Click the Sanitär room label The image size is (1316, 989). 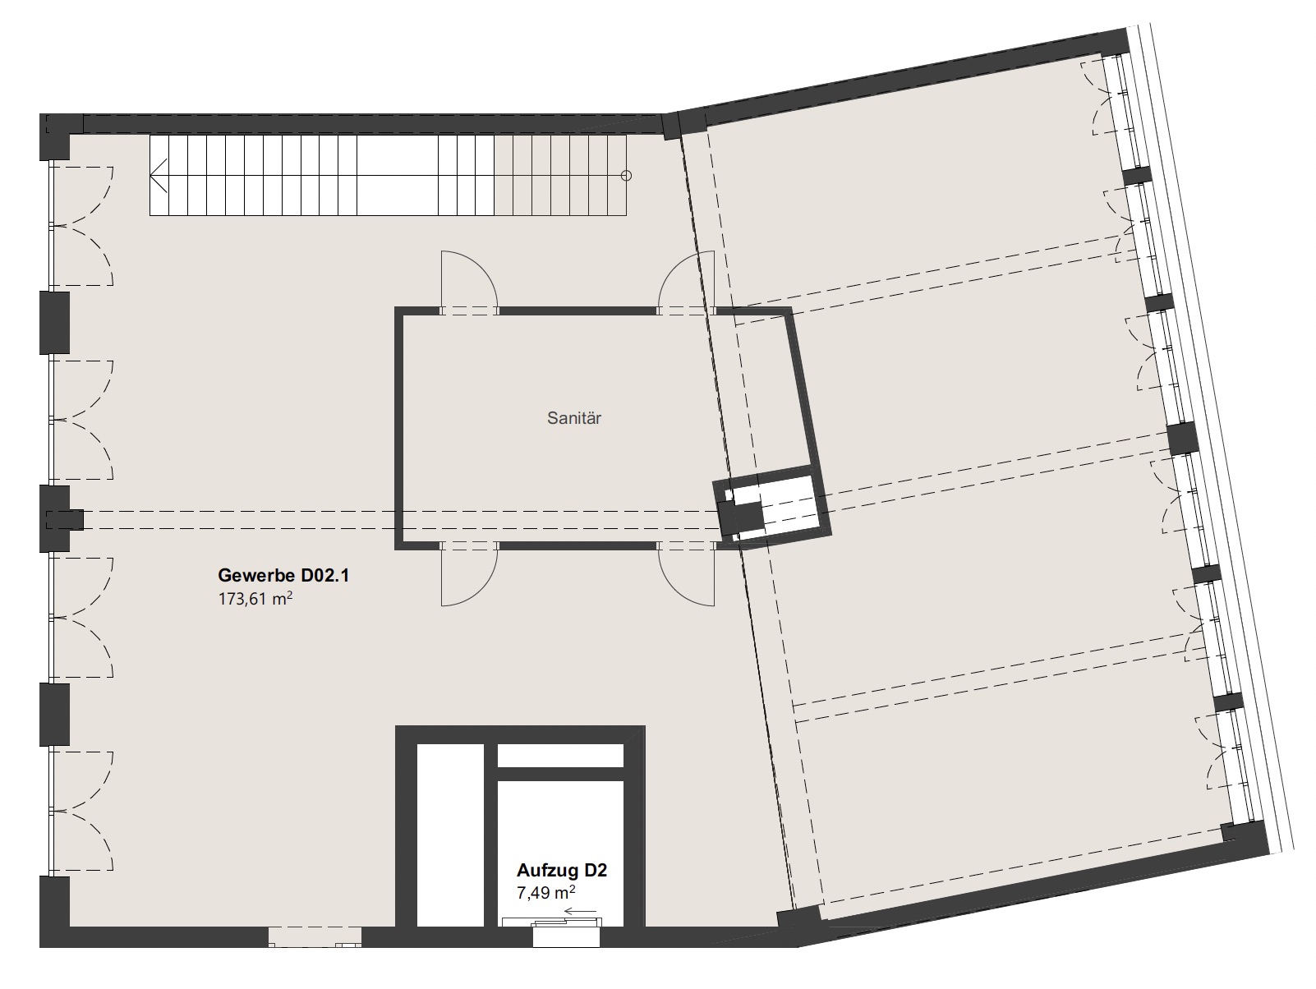click(573, 418)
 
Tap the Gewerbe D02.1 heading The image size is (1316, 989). click(283, 576)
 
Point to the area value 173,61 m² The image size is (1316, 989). click(255, 599)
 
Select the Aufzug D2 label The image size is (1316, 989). click(562, 871)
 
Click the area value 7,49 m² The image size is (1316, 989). click(545, 893)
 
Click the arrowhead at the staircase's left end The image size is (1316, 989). click(159, 176)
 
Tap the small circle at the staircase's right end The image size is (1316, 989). click(626, 176)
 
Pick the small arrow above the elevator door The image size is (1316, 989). click(580, 912)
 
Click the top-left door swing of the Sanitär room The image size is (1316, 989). click(469, 282)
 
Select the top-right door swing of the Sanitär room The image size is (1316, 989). click(686, 282)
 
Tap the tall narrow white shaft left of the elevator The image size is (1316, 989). click(450, 835)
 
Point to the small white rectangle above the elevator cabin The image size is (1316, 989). click(560, 755)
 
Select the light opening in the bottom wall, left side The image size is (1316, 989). click(315, 937)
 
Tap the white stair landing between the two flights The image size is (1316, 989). click(398, 175)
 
